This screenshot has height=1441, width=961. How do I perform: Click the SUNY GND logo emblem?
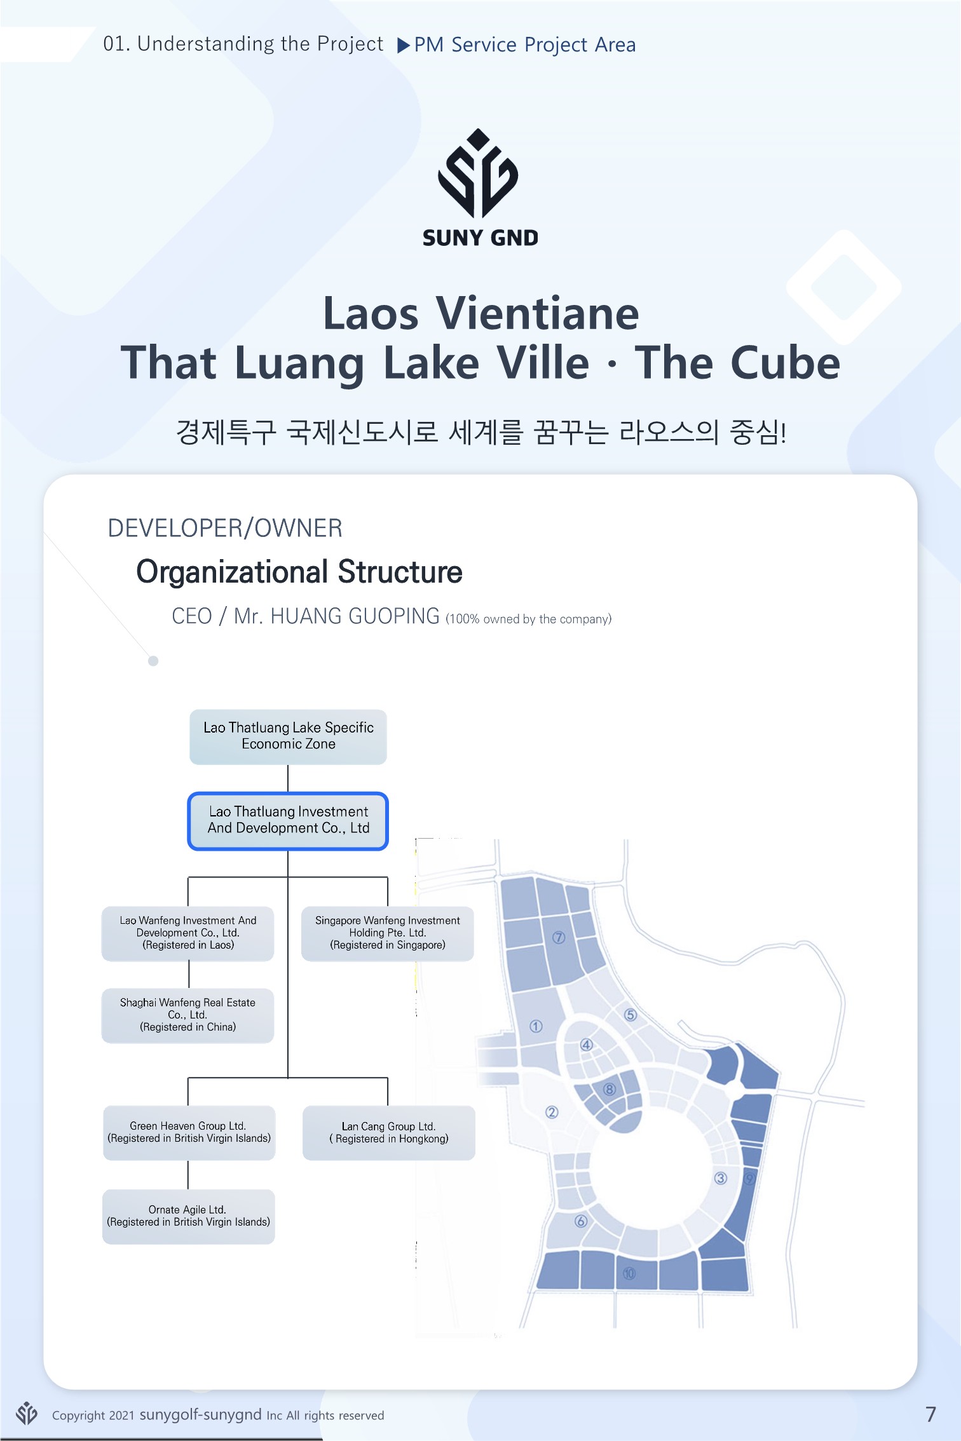[479, 173]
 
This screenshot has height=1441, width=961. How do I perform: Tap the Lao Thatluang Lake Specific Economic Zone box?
[288, 736]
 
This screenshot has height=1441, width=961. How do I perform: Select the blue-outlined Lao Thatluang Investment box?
[288, 820]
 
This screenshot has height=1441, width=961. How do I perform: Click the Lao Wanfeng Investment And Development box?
[188, 933]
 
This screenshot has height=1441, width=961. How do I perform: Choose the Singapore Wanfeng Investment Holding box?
[388, 933]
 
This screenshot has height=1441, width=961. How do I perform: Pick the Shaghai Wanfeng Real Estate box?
[188, 1015]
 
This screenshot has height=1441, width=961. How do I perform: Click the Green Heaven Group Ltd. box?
[189, 1132]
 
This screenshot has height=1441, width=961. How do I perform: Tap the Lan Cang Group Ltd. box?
[388, 1132]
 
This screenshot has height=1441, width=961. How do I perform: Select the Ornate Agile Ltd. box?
[188, 1216]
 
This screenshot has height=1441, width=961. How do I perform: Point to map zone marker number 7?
[559, 938]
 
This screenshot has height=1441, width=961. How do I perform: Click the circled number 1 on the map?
[536, 1026]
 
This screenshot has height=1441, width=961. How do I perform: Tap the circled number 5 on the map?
[630, 1015]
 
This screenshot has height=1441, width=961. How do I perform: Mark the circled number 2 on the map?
[552, 1112]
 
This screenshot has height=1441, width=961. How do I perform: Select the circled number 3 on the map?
[720, 1178]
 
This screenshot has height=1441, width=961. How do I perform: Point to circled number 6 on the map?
[580, 1221]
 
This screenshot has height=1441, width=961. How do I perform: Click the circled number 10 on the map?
[629, 1273]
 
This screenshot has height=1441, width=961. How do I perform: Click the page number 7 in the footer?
[930, 1414]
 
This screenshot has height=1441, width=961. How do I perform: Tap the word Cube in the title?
[785, 363]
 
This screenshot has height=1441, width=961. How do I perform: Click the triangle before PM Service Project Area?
[403, 46]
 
